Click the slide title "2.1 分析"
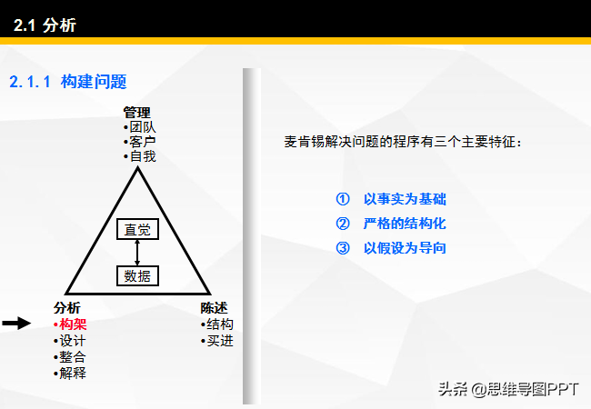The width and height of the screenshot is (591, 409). [x=45, y=25]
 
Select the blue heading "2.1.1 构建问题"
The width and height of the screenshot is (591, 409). [x=68, y=82]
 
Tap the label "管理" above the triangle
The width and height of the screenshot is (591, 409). [x=136, y=113]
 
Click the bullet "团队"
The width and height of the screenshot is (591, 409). [x=139, y=127]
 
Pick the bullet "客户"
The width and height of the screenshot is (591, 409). [x=139, y=142]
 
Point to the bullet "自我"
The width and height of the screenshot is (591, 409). [x=139, y=156]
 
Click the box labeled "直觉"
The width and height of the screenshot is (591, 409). [x=137, y=229]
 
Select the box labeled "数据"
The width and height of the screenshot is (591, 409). [x=137, y=275]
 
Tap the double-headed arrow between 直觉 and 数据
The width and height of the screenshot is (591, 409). [x=137, y=253]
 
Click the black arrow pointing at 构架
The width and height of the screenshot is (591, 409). [x=16, y=324]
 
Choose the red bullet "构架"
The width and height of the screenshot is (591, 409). [x=70, y=324]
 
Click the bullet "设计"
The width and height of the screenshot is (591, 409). [x=70, y=341]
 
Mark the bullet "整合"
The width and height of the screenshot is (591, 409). [x=70, y=357]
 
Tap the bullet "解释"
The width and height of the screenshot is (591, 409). [x=70, y=374]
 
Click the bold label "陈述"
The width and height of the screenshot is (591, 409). [x=214, y=308]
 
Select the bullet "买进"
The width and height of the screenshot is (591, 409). [x=217, y=341]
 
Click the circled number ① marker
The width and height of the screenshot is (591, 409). [x=343, y=199]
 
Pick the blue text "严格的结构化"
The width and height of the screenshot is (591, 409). [x=405, y=224]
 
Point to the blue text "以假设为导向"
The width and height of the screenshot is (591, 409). [x=405, y=248]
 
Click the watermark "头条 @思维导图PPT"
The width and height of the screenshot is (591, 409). [x=508, y=389]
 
